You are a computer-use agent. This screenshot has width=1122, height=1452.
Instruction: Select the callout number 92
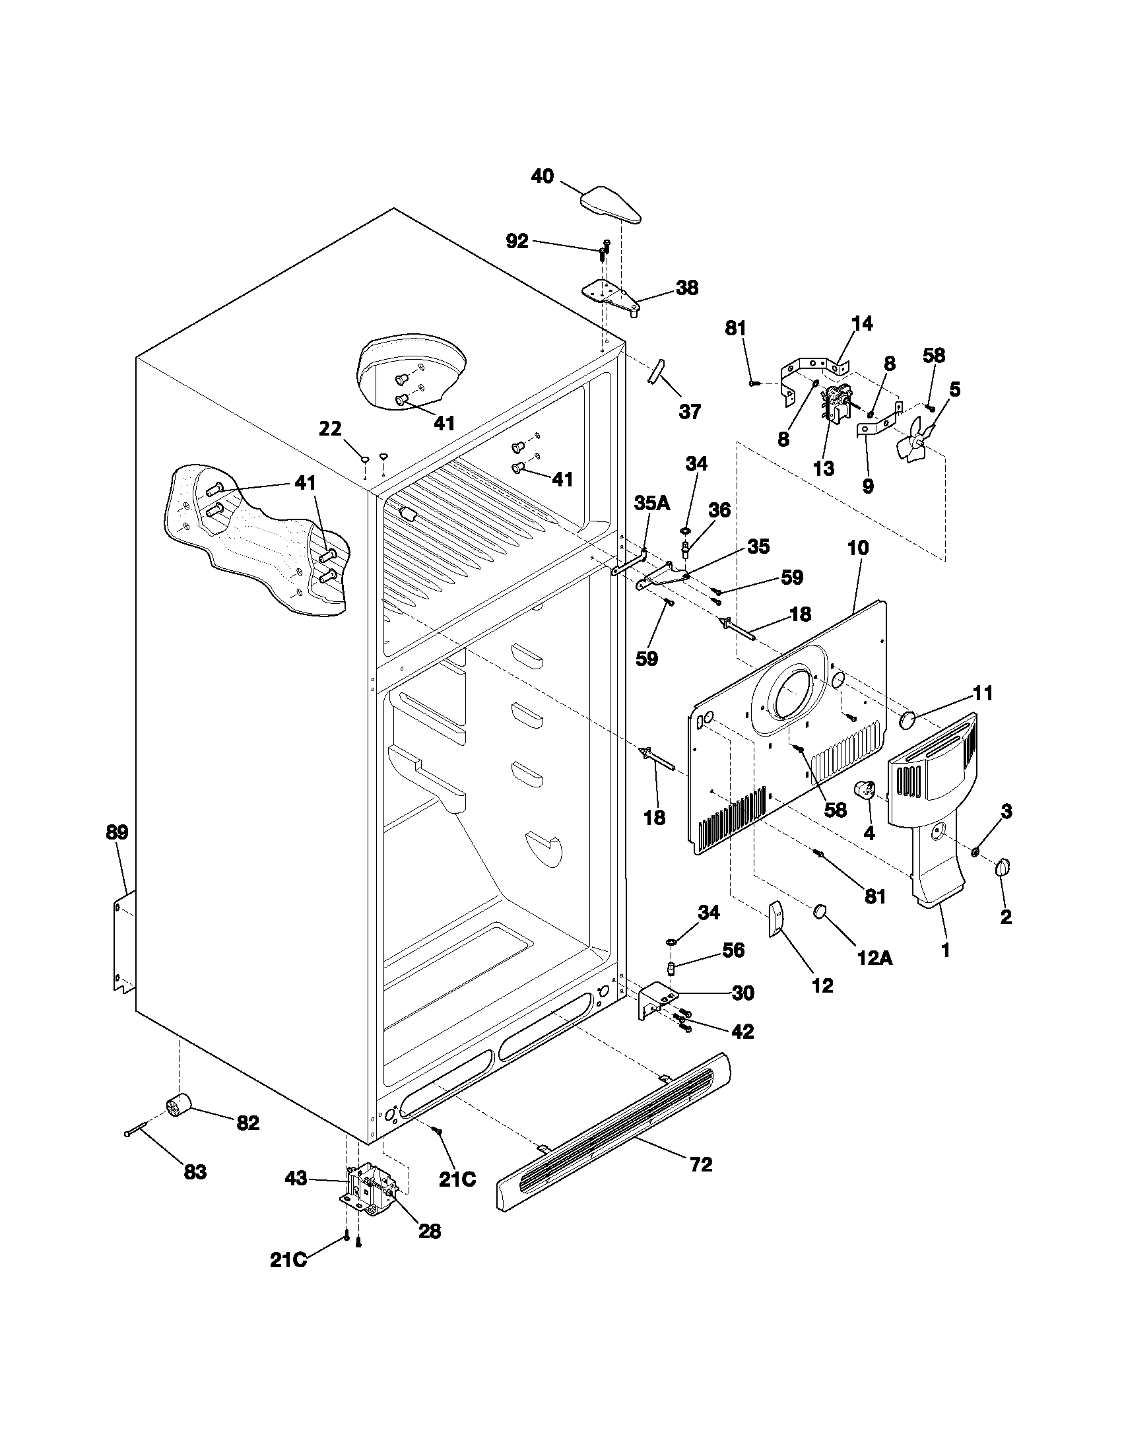click(x=517, y=242)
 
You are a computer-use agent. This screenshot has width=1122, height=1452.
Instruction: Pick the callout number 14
click(x=862, y=324)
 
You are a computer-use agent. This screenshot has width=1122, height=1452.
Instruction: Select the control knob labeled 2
click(x=1003, y=869)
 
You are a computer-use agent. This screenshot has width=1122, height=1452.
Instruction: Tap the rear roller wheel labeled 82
click(x=178, y=1107)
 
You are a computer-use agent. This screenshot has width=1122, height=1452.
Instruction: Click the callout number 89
click(x=117, y=832)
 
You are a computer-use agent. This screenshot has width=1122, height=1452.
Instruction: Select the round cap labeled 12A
click(x=820, y=911)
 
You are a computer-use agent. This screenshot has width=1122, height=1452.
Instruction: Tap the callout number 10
click(x=858, y=548)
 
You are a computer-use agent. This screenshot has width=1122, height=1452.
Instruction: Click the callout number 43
click(x=296, y=1179)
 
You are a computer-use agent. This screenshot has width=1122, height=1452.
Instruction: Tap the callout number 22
click(x=330, y=430)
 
